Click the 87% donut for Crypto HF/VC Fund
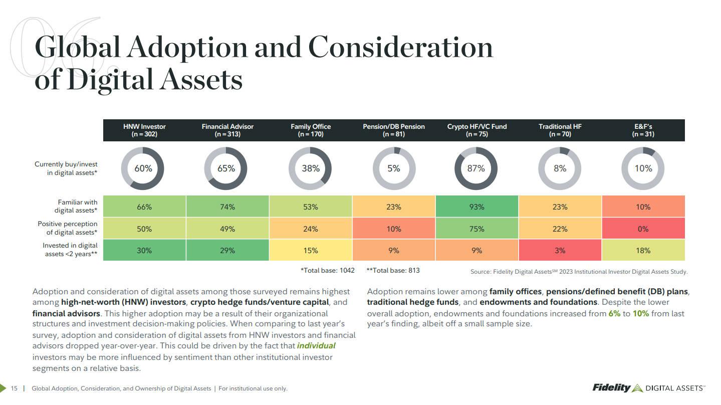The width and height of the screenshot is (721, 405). coord(476,168)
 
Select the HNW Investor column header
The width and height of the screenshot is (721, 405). coord(144,130)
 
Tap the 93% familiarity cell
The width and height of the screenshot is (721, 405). coord(476,207)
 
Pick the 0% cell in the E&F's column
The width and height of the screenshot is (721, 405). coord(643,229)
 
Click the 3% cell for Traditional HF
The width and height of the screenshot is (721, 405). coord(560,250)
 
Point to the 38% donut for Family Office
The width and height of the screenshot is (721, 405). coord(310,168)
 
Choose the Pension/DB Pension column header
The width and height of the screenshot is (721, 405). coord(393,130)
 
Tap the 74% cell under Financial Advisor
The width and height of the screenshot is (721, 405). coord(227,207)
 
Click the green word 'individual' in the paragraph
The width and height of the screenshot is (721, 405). coord(316,346)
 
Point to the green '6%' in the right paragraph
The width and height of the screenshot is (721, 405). coord(614,314)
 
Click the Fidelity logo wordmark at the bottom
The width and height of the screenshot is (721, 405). coord(611,387)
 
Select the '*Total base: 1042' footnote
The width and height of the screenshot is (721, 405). coord(327,271)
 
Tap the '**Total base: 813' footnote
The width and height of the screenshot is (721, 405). coord(393,271)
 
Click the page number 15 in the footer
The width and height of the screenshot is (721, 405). coord(14,388)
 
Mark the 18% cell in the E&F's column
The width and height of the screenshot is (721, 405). coord(643,250)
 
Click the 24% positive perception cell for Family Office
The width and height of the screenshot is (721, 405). coord(310,229)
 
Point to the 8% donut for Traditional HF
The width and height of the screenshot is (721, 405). coord(560,168)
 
